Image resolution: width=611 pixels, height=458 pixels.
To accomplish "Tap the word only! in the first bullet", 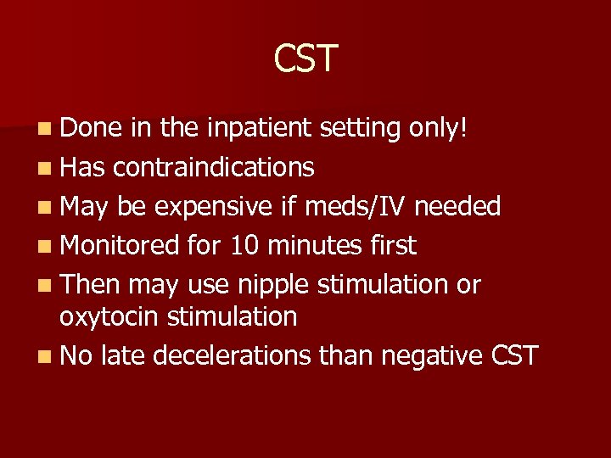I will (x=435, y=128).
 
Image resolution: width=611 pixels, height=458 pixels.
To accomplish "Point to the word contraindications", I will (x=213, y=167).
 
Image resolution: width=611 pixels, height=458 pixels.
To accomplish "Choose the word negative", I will (x=432, y=356).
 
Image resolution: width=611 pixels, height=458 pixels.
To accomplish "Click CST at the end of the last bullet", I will (x=514, y=356).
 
